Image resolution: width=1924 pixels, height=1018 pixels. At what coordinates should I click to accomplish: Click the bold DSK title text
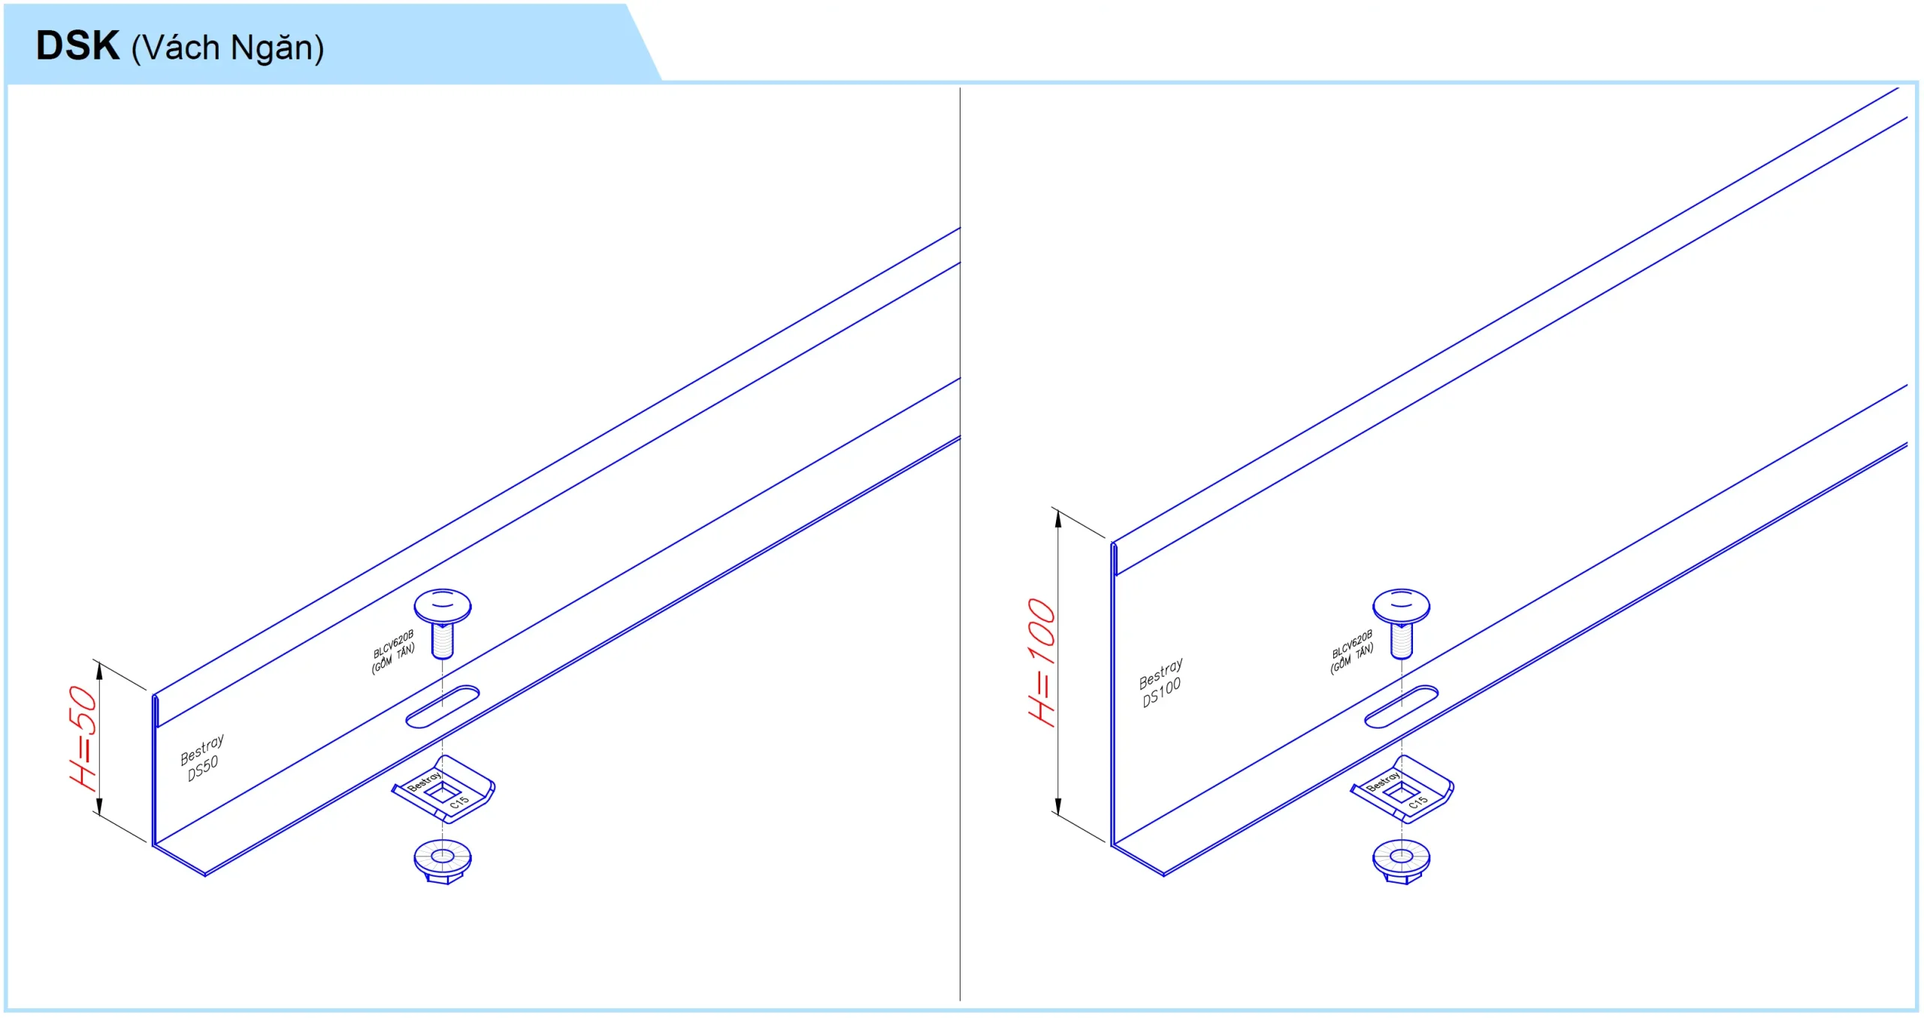click(x=77, y=46)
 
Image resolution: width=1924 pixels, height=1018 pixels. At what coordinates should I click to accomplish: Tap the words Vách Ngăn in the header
click(x=228, y=48)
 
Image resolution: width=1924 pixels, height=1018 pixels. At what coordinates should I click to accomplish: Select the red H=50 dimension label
click(x=83, y=738)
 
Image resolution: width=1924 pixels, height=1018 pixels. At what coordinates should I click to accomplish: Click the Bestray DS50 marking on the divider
click(x=202, y=758)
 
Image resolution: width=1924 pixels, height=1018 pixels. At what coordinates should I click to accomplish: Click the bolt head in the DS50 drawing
click(x=443, y=606)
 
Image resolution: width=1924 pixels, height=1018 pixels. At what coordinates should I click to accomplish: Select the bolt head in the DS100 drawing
click(x=1401, y=606)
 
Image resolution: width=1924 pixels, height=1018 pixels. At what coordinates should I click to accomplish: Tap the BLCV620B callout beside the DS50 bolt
click(x=393, y=652)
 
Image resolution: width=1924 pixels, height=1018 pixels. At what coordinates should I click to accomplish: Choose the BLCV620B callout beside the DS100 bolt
click(x=1351, y=652)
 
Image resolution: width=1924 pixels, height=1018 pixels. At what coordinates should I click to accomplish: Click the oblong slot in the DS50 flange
click(x=443, y=707)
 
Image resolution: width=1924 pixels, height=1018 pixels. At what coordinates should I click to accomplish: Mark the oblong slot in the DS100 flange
click(x=1401, y=707)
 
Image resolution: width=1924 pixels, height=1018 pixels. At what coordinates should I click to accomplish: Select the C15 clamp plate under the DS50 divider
click(x=443, y=790)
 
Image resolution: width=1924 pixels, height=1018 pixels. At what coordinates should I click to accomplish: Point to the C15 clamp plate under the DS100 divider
click(x=1402, y=790)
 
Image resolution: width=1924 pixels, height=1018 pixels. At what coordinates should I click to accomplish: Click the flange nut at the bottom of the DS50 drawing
click(x=443, y=861)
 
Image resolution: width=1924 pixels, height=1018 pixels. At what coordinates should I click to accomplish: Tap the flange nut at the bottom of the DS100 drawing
click(x=1401, y=861)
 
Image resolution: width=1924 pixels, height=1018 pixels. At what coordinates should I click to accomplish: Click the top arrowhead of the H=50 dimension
click(x=98, y=670)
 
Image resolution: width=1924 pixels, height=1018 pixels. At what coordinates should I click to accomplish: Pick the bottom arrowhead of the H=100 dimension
click(x=1058, y=807)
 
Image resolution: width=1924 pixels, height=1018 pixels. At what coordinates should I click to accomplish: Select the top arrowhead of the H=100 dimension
click(x=1058, y=519)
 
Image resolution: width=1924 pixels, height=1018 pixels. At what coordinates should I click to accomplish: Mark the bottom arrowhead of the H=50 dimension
click(x=98, y=807)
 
